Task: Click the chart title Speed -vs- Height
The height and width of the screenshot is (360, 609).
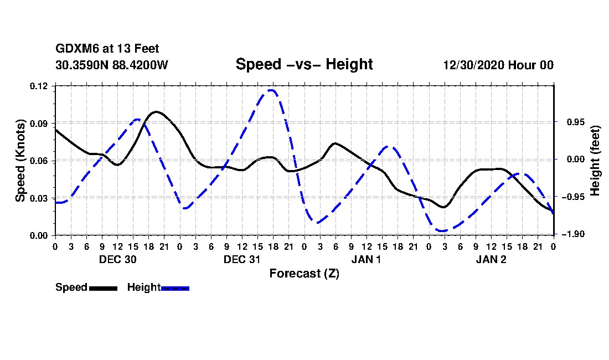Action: (x=304, y=64)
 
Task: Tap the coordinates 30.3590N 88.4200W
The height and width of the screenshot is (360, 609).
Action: (x=112, y=65)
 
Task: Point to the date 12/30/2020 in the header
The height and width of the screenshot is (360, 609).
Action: (x=473, y=65)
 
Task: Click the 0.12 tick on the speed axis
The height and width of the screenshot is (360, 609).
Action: (x=38, y=86)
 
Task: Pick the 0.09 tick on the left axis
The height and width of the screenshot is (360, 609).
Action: (x=38, y=124)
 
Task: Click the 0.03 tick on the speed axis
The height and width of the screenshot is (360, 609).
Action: (x=38, y=198)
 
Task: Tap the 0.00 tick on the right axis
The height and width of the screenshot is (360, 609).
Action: (x=576, y=159)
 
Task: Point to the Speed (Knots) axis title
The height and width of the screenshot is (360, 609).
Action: (x=20, y=161)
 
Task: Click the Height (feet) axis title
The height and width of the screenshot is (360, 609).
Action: (x=595, y=161)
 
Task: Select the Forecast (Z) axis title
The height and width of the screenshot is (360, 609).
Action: (x=304, y=274)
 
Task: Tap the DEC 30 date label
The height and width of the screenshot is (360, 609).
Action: (x=118, y=259)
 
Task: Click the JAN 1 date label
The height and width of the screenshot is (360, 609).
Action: (x=367, y=259)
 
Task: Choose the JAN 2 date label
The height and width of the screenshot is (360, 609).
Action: (x=491, y=259)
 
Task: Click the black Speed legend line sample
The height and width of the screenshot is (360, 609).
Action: (x=104, y=288)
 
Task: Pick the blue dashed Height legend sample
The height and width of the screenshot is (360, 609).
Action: (x=175, y=288)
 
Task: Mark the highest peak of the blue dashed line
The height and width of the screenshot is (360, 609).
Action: (x=271, y=90)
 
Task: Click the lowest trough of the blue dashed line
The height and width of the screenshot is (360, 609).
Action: (x=442, y=231)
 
